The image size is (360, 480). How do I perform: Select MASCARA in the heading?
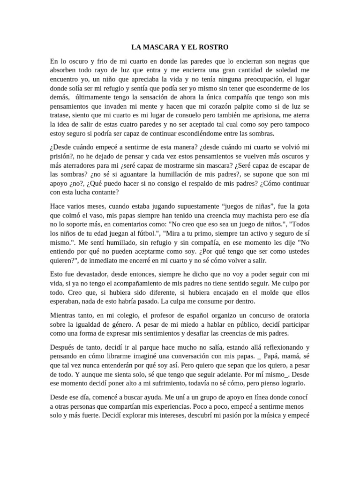pos(161,47)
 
